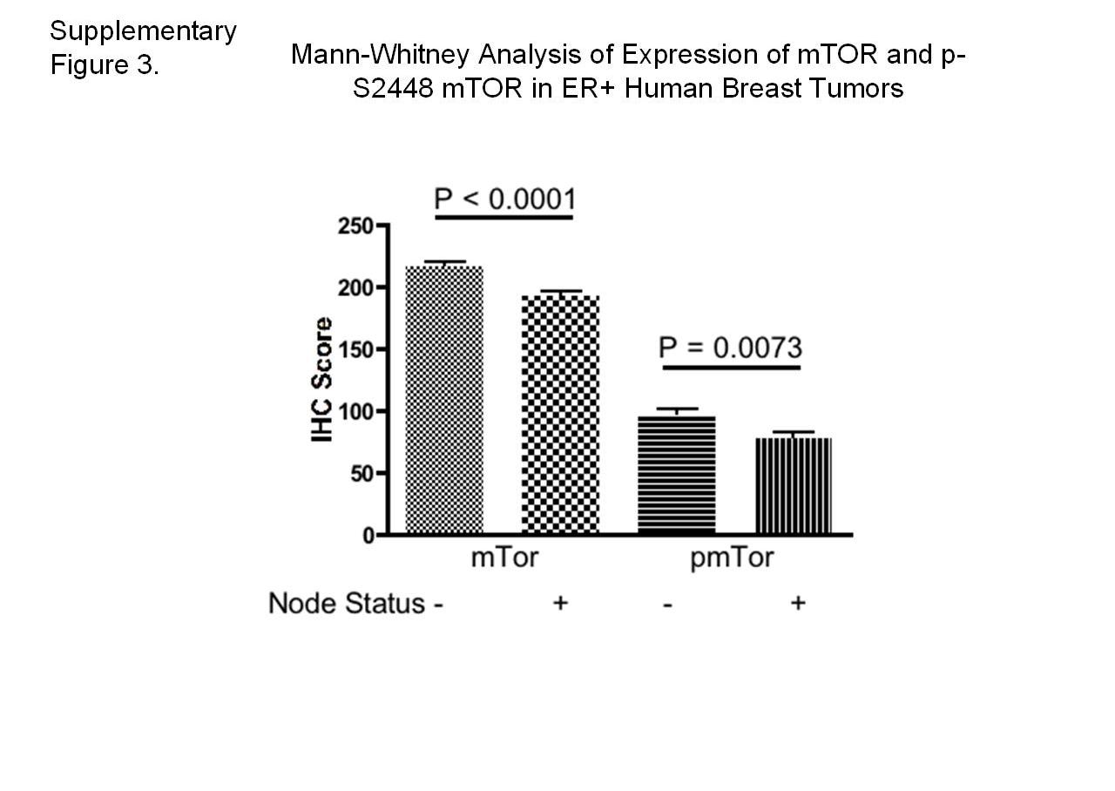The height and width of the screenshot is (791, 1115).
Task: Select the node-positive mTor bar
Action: click(x=561, y=414)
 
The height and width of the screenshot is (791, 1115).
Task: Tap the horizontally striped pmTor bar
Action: click(x=677, y=475)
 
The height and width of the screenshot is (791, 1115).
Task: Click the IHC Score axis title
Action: click(x=323, y=380)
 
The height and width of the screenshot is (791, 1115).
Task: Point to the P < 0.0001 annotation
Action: click(x=504, y=199)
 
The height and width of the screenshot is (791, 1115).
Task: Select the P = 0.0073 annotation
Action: click(x=730, y=348)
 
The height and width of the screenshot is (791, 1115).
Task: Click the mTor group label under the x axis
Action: click(x=503, y=558)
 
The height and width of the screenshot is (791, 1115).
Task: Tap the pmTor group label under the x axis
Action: click(x=732, y=558)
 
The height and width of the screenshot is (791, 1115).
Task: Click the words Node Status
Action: click(x=347, y=603)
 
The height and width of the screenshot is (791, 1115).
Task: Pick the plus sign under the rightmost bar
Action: click(x=797, y=603)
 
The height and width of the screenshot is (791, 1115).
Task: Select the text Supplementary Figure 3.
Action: click(x=143, y=48)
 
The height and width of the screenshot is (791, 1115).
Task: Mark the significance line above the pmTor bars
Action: click(x=730, y=368)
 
